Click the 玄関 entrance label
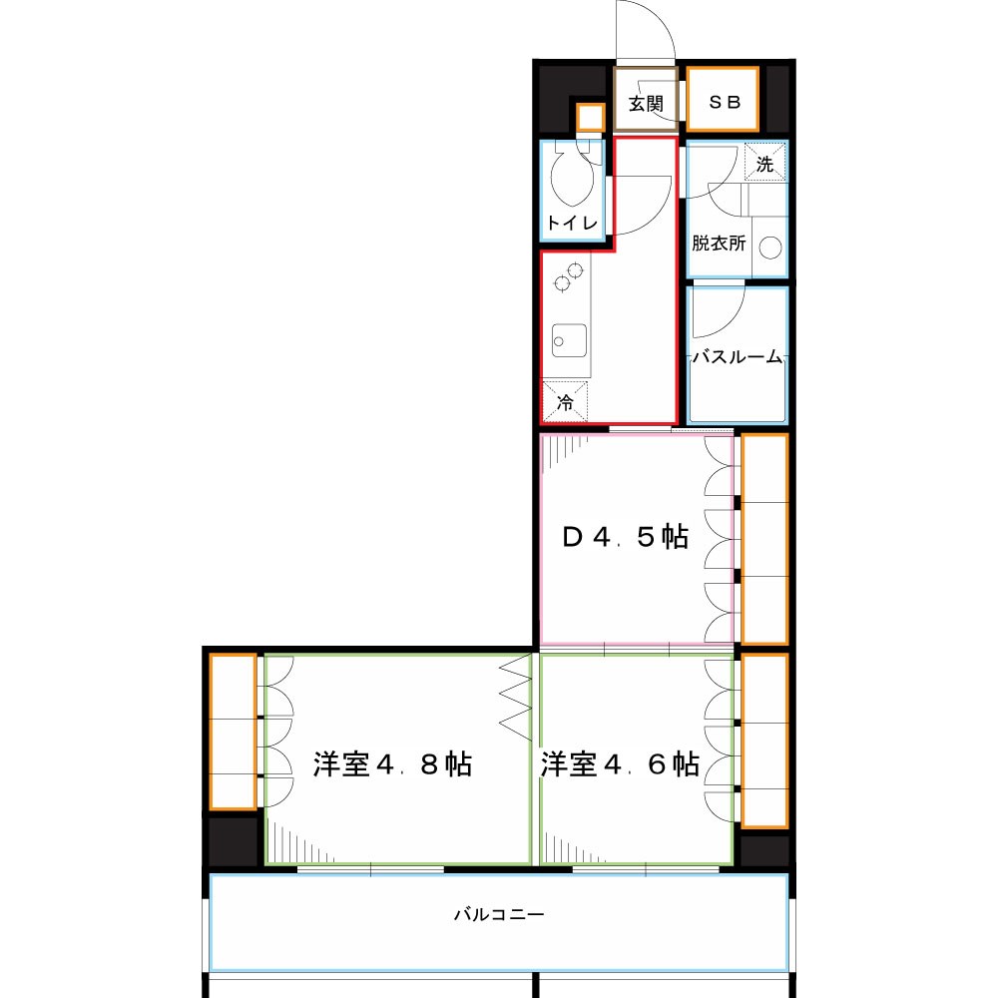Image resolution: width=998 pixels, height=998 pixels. coord(646,103)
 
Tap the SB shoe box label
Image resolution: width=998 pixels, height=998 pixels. coord(725,101)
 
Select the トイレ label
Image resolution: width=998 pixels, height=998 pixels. coord(572,223)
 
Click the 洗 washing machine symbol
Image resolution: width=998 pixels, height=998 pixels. coord(765,163)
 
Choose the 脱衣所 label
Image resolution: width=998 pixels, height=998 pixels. coord(719,243)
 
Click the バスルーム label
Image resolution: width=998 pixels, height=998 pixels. coord(738,356)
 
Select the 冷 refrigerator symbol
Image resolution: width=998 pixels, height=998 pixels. coord(565,401)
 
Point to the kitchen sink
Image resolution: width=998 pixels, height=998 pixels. coord(569,340)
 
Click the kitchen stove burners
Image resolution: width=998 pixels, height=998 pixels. coord(569,276)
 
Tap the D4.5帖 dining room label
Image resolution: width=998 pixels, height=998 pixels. coord(625,537)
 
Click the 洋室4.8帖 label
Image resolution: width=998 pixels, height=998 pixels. coord(392,763)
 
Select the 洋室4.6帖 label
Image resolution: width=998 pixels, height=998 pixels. coord(620,763)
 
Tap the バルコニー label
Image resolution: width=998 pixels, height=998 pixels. coord(499,914)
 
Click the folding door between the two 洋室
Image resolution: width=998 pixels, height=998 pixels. coord(516,697)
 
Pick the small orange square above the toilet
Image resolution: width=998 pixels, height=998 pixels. coord(591,117)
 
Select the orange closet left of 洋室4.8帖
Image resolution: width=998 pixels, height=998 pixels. coord(233,732)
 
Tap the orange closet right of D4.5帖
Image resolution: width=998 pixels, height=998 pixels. coord(765,539)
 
